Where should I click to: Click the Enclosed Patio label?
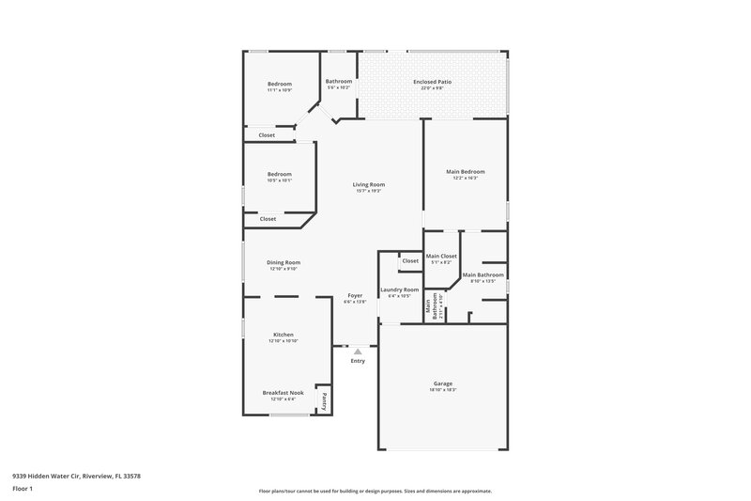click(x=433, y=83)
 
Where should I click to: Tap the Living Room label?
click(x=369, y=185)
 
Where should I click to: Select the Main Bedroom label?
click(x=465, y=172)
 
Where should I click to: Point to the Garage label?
click(x=443, y=384)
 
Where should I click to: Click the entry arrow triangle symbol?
click(x=357, y=352)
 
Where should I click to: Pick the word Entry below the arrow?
click(x=358, y=361)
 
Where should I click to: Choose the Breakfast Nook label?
click(x=283, y=393)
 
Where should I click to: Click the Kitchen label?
click(x=284, y=335)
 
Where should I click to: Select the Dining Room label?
click(x=284, y=262)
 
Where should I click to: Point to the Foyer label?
click(x=355, y=296)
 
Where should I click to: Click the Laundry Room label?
click(x=399, y=290)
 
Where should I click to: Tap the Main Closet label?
click(x=441, y=257)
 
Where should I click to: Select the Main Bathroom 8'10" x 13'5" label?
click(x=483, y=275)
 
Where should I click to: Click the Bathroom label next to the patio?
click(x=339, y=82)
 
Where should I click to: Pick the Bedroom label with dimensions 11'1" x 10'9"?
click(x=280, y=84)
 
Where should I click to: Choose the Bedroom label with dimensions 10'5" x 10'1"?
click(x=280, y=174)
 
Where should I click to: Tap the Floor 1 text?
click(x=23, y=490)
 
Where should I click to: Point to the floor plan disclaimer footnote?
click(x=375, y=491)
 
